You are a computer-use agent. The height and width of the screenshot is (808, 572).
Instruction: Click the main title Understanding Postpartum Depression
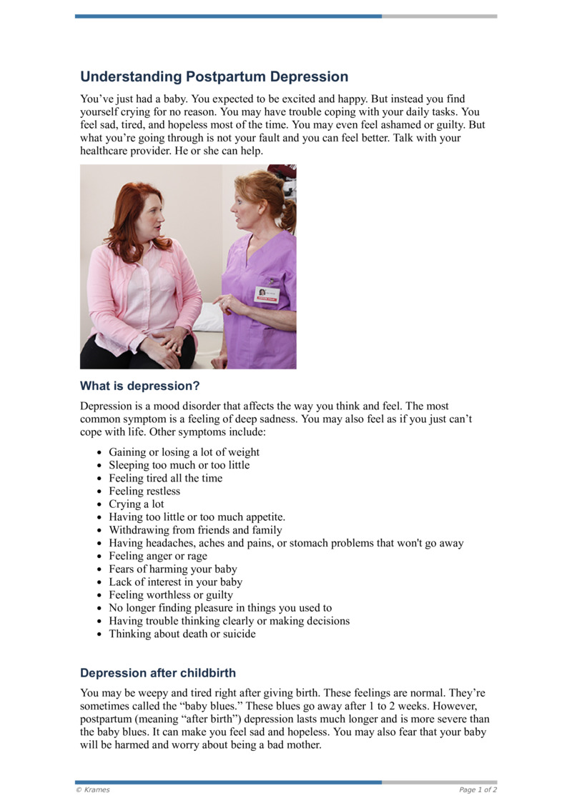214,76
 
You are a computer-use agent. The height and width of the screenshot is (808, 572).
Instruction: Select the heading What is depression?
139,386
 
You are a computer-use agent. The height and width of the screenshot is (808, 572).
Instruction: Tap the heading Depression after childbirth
158,673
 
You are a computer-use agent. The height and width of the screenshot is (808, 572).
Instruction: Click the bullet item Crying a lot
136,504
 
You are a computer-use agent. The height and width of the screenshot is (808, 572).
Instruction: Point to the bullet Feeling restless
144,492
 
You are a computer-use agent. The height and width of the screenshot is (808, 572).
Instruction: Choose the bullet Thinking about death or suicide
182,634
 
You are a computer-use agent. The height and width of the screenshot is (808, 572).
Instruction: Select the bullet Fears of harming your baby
172,569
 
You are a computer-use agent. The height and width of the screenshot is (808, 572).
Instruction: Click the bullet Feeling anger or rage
158,557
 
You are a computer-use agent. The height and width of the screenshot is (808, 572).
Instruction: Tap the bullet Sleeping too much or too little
179,465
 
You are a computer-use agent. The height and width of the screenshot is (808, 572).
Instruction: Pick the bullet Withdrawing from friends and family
195,530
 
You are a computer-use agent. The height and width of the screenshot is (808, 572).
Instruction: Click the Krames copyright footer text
93,789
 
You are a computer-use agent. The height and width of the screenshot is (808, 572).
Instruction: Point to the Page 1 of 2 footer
478,789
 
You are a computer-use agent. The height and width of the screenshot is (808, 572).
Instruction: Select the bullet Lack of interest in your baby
175,582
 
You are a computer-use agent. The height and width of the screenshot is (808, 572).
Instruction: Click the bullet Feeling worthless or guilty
171,595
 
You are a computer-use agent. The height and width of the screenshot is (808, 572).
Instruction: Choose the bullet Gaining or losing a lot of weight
184,452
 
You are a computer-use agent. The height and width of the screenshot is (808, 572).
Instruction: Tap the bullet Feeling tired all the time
165,479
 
